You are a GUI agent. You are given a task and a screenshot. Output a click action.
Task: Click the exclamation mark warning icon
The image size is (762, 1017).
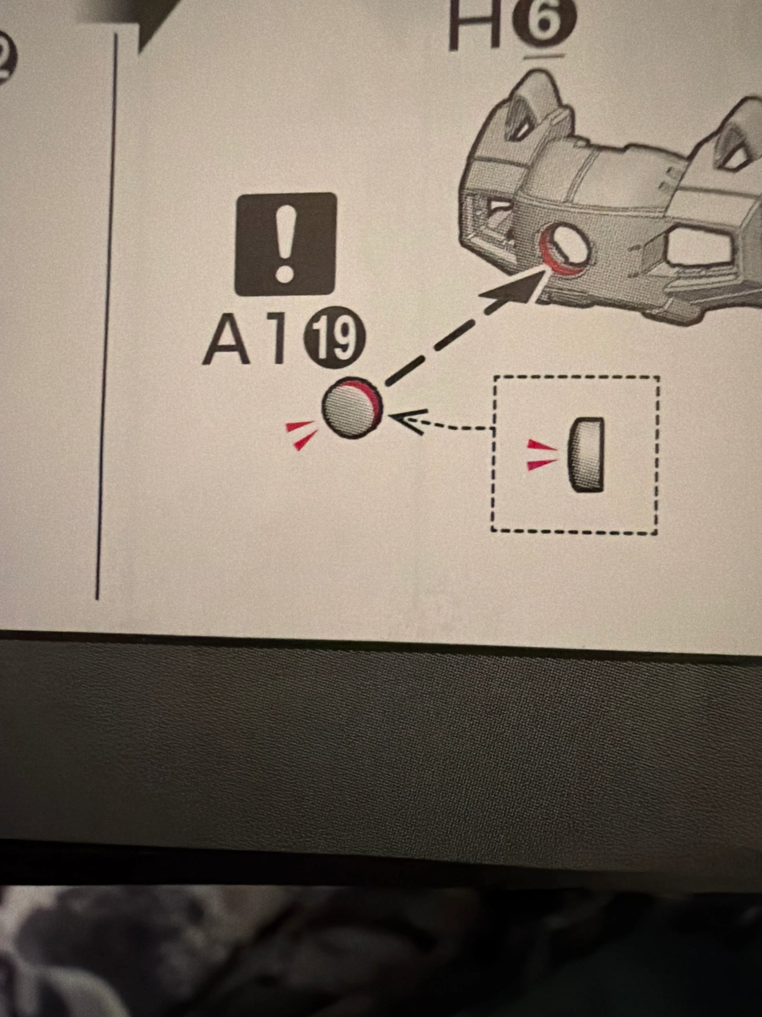285,244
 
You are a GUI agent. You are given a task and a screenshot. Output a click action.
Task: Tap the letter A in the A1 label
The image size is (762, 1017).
227,341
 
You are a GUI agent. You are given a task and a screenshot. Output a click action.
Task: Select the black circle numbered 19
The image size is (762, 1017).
334,337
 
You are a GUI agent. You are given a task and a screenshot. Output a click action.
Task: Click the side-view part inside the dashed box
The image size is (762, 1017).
586,454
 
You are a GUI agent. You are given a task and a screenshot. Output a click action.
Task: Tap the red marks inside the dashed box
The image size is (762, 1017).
542,454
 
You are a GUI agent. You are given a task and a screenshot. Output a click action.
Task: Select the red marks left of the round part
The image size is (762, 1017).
301,434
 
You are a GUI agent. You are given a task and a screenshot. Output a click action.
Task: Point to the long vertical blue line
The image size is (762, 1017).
107,316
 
